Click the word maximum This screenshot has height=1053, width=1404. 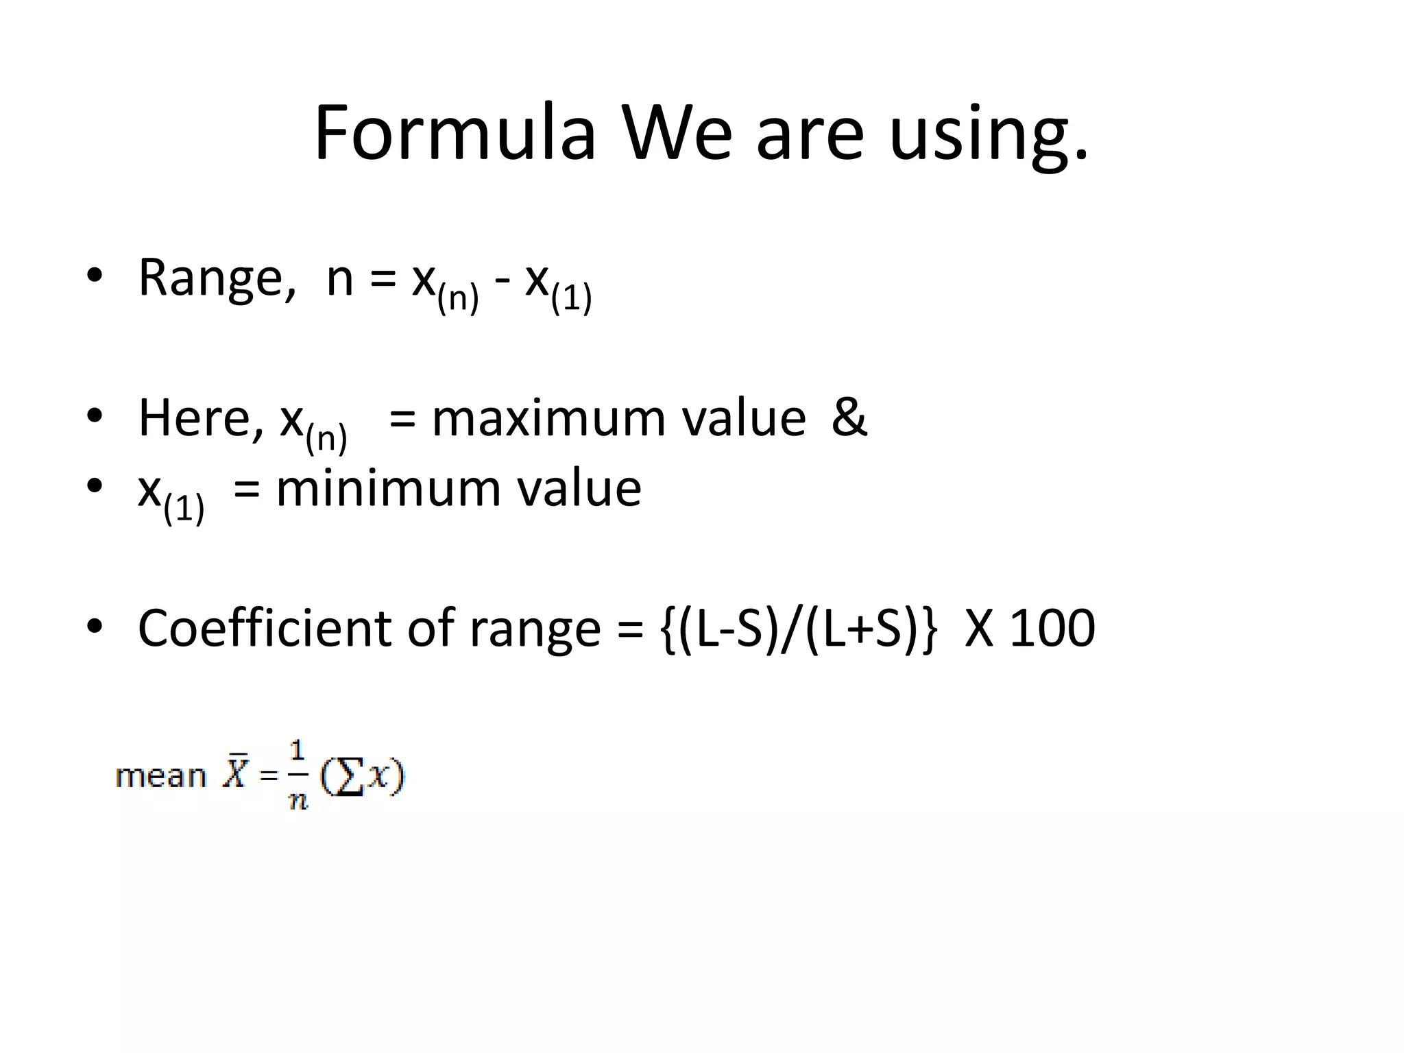pyautogui.click(x=548, y=418)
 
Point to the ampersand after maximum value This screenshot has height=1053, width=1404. pyautogui.click(x=849, y=417)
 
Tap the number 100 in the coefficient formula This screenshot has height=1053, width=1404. pyautogui.click(x=1053, y=628)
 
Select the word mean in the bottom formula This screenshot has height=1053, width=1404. pyautogui.click(x=160, y=776)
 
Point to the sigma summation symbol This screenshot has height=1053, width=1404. pyautogui.click(x=349, y=778)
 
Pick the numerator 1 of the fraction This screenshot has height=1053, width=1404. pyautogui.click(x=298, y=751)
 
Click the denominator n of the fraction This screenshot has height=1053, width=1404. pyautogui.click(x=298, y=800)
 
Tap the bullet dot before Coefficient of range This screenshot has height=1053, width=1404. pyautogui.click(x=95, y=626)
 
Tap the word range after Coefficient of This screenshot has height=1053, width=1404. pyautogui.click(x=535, y=631)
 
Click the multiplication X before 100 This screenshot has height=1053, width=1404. pyautogui.click(x=979, y=628)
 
